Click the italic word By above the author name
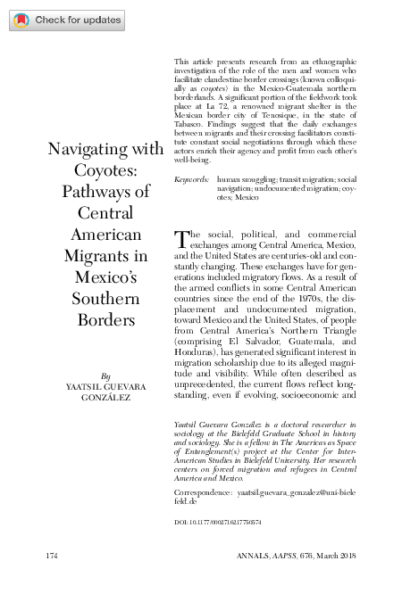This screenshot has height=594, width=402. pos(106,376)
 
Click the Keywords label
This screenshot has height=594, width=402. pos(191,179)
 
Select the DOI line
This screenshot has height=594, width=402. pos(216,520)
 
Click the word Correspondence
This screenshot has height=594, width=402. pos(201,492)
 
